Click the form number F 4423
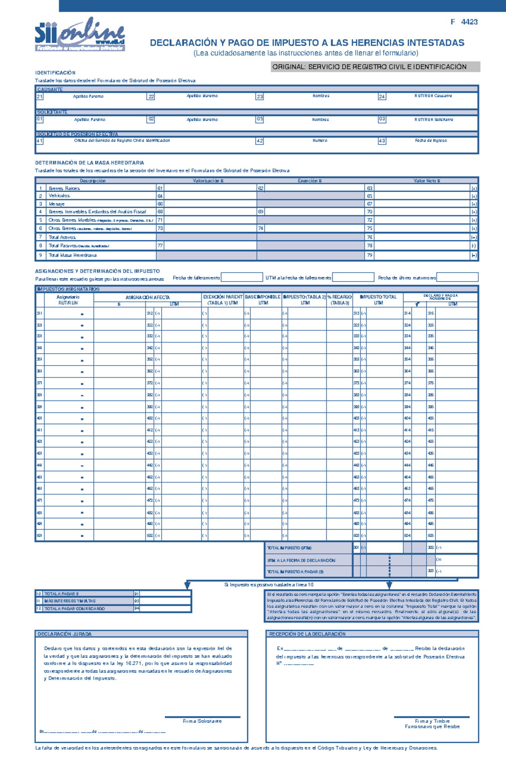[x=464, y=22]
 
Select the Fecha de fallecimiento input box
[x=242, y=277]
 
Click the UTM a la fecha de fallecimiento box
[x=353, y=277]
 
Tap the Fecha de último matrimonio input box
[x=457, y=277]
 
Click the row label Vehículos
[x=59, y=196]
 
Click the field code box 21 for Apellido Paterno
[x=40, y=97]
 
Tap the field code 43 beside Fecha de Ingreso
[x=382, y=141]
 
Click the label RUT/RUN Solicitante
[x=434, y=119]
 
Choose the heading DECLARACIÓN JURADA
[x=65, y=634]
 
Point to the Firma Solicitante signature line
[x=202, y=717]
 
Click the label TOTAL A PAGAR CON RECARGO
[x=75, y=609]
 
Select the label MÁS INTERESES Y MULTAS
[x=70, y=601]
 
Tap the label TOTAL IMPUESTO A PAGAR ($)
[x=295, y=572]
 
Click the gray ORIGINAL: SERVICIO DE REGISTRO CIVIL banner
[x=375, y=67]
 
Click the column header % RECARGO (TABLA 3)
[x=339, y=300]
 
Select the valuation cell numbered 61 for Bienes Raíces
[x=207, y=188]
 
